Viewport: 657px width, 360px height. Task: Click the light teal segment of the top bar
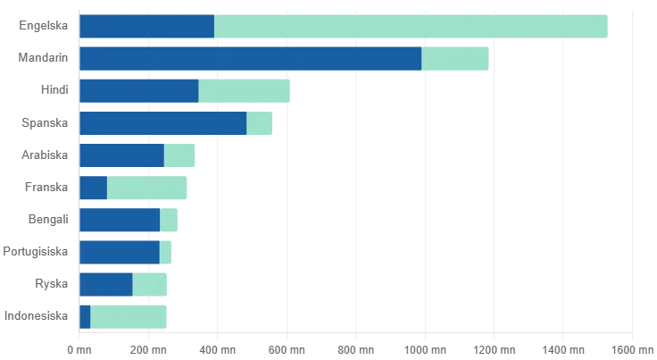tap(413, 28)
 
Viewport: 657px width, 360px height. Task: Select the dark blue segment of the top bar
tap(146, 28)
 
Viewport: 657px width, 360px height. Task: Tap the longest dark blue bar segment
tap(250, 59)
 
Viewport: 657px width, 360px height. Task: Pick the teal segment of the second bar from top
tap(456, 59)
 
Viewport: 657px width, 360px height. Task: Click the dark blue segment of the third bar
tap(138, 91)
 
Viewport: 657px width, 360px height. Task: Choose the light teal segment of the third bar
tap(245, 91)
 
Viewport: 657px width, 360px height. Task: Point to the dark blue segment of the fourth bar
tap(162, 123)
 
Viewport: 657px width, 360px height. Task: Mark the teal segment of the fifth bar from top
tap(180, 156)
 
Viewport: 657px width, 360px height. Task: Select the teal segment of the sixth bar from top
tap(149, 188)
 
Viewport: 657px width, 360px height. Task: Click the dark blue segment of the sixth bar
tap(93, 188)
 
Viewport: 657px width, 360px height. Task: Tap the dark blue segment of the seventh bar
tap(119, 221)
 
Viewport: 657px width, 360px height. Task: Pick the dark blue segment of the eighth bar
tap(119, 252)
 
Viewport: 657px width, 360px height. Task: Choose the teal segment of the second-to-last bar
tap(151, 285)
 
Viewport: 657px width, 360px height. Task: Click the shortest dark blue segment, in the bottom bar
tap(85, 316)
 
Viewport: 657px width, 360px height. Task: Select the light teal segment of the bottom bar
tap(130, 316)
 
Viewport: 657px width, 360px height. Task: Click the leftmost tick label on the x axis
tap(80, 349)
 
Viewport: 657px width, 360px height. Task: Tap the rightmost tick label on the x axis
tap(629, 349)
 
